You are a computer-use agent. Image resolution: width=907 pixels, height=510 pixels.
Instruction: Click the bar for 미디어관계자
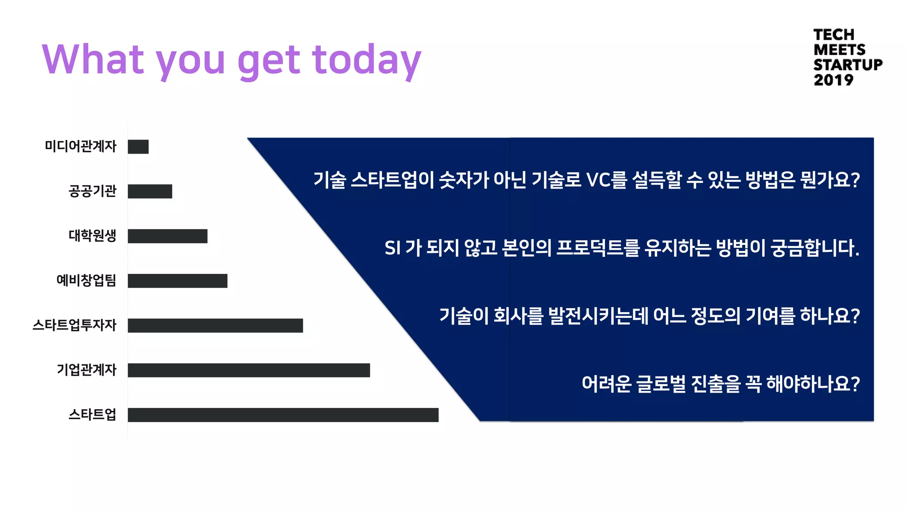[138, 147]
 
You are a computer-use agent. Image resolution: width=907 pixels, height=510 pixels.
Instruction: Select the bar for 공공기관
[150, 191]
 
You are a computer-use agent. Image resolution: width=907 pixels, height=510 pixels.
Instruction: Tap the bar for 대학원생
[167, 236]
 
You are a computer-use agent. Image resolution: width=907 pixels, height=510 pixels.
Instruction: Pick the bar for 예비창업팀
[178, 281]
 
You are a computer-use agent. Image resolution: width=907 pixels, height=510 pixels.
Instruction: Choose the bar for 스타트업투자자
[215, 325]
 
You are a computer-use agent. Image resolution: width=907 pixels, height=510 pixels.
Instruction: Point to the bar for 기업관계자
[249, 370]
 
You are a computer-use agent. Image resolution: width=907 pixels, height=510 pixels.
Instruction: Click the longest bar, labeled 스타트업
[283, 415]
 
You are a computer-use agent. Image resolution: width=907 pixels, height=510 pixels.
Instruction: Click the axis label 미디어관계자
[81, 146]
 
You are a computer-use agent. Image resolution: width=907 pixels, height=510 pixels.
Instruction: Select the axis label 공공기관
[92, 191]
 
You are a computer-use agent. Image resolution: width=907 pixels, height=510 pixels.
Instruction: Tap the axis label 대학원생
[92, 236]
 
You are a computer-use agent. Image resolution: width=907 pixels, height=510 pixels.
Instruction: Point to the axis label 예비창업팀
[86, 280]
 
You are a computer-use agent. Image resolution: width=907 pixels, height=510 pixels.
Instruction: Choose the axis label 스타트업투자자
[74, 325]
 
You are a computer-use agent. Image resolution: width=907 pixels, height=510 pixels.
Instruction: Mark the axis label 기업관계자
[86, 370]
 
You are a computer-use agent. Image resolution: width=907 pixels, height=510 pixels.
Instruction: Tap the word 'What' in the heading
[93, 59]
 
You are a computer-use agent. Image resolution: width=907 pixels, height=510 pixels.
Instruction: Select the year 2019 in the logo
[833, 80]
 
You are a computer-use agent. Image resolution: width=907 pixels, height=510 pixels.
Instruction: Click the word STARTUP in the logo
[848, 65]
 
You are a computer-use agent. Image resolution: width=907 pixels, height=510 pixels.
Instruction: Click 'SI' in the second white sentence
[392, 248]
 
